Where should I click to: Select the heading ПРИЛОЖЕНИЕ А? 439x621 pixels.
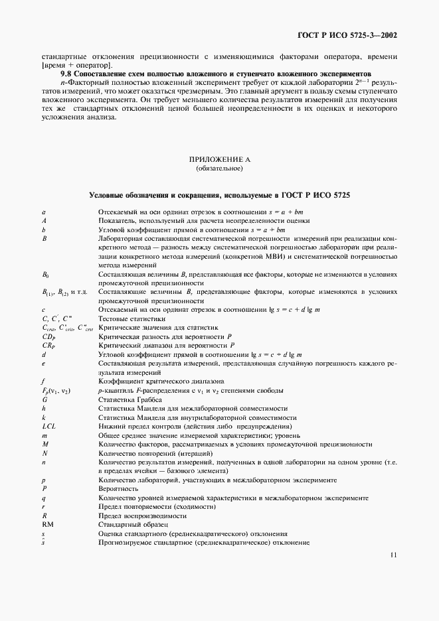point(219,160)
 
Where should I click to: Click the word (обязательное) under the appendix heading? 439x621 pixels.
point(219,169)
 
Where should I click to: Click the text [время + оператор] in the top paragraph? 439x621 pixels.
point(76,64)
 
